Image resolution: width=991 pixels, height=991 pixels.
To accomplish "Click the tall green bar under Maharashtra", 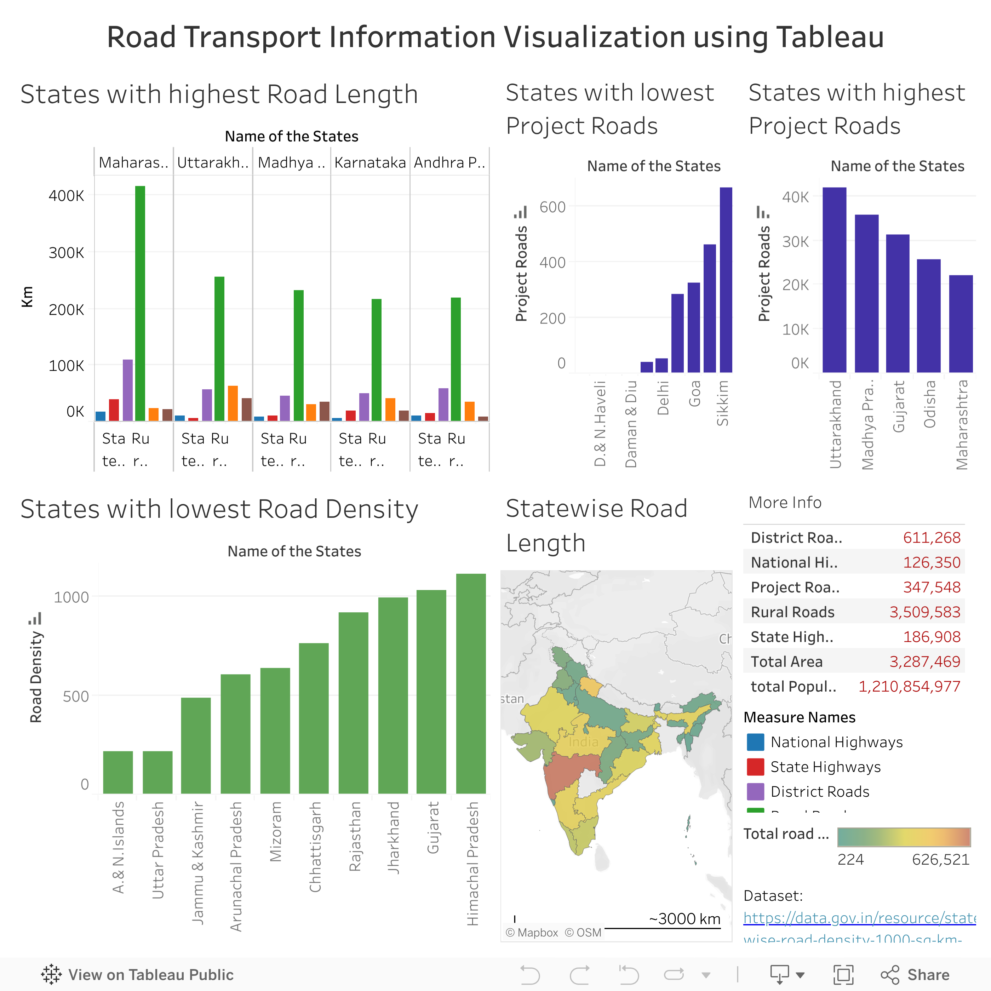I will pos(140,303).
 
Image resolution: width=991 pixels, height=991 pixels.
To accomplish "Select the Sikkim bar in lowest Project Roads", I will pos(726,280).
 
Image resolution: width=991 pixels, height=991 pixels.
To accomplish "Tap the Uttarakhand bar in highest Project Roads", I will pos(834,280).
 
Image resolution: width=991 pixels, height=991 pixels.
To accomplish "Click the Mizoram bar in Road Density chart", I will pos(275,731).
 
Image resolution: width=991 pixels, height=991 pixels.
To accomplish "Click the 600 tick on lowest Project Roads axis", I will pos(552,207).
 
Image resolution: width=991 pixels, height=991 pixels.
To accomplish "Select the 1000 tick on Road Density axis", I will pos(71,597).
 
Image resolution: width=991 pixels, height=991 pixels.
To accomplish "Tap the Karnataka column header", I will pos(370,162).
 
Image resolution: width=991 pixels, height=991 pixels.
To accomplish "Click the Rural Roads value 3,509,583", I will pos(924,612).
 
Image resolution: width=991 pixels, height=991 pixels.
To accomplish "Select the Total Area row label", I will pos(786,662).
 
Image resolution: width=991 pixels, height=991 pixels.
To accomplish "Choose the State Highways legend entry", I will pos(825,767).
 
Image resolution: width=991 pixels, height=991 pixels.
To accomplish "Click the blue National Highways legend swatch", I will pos(756,742).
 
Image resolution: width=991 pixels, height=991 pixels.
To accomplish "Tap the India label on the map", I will pos(583,742).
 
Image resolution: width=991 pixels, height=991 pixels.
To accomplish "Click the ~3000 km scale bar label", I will pos(684,919).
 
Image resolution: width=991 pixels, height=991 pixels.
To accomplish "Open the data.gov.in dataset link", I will pos(859,918).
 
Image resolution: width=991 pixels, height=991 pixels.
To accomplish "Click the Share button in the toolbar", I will pos(916,975).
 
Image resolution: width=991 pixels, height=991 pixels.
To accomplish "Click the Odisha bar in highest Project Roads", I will pos(928,315).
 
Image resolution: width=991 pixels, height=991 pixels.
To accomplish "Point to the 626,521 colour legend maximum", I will pos(940,860).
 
